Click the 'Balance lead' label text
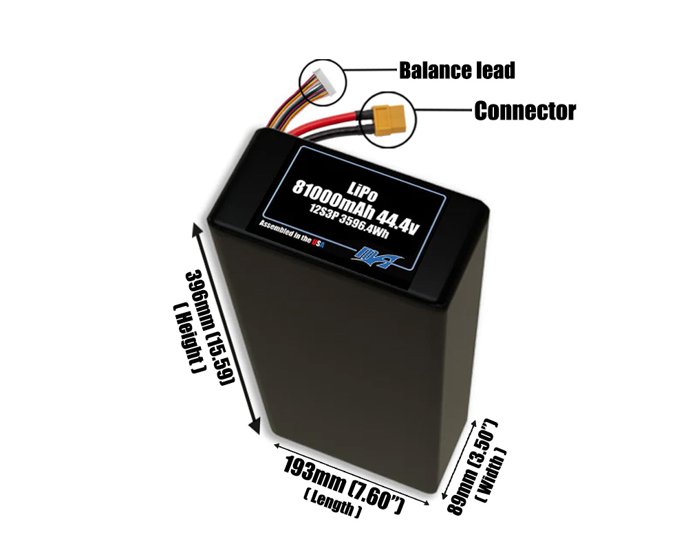[457, 70]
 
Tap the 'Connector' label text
[524, 111]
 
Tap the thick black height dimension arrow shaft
[228, 330]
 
